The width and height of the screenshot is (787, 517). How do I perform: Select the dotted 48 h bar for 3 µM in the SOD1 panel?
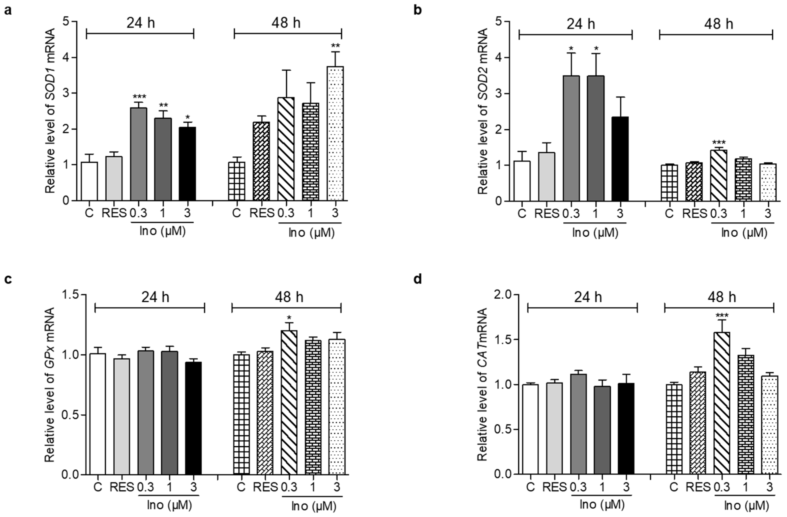click(335, 134)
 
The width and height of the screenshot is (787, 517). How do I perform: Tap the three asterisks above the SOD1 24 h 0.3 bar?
click(139, 97)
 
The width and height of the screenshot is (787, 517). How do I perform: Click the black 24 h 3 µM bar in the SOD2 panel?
click(620, 159)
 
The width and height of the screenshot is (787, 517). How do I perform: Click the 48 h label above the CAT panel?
click(722, 297)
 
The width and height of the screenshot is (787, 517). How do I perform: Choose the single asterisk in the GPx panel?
click(289, 318)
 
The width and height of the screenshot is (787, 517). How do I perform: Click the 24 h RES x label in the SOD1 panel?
click(114, 213)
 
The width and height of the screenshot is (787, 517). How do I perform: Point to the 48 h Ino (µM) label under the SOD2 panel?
click(744, 233)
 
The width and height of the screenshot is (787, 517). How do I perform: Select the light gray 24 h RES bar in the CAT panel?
click(554, 429)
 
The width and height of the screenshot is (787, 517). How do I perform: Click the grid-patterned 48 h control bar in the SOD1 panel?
click(237, 181)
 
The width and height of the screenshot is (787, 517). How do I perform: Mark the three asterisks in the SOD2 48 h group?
click(719, 143)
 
